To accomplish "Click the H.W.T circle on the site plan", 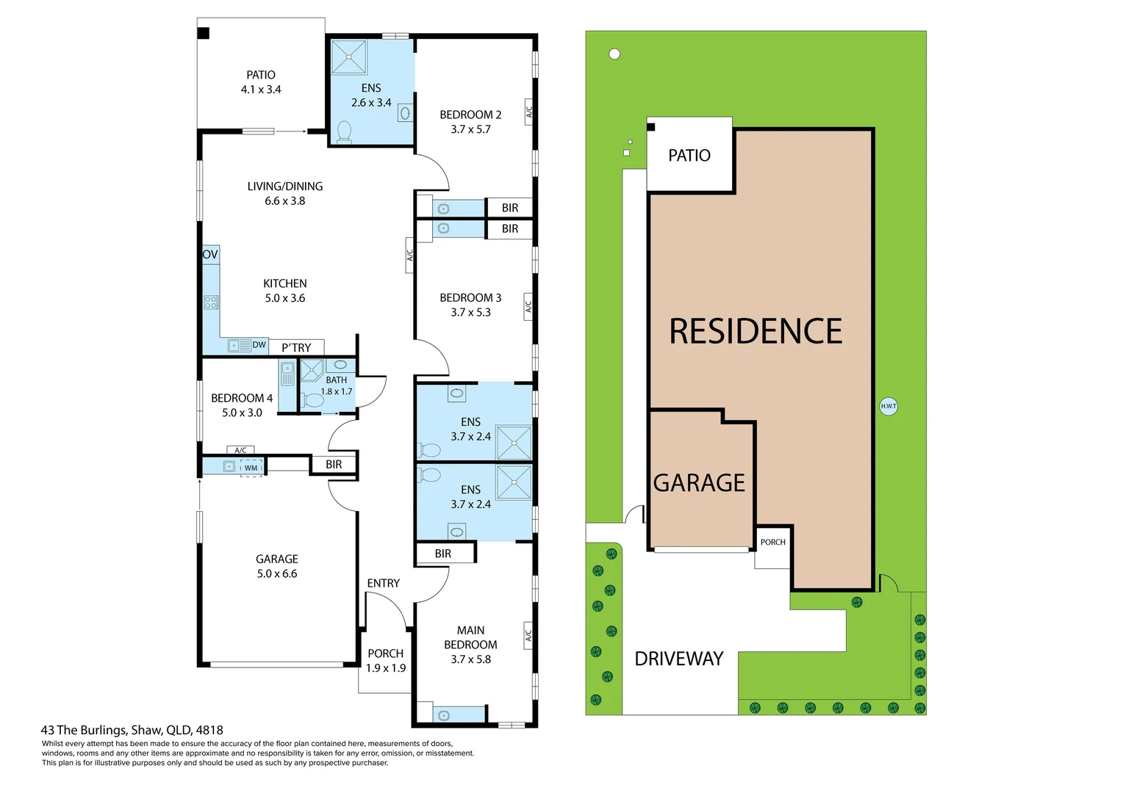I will coord(889,406).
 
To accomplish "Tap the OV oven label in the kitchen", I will coord(210,255).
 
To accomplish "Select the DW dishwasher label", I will coord(259,345).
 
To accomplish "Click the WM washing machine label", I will coord(251,468).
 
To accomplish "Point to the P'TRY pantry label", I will coord(296,348).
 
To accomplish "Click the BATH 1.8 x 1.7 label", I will coord(337,385).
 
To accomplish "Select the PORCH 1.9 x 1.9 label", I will coord(386,660).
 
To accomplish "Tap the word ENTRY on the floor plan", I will coord(383,583).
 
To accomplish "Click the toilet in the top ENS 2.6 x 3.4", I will coord(344,131).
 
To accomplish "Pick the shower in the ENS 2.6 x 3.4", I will coord(349,57).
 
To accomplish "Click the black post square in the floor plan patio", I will coord(204,33).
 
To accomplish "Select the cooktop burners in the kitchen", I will coord(211,302).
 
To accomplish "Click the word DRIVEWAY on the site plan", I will coord(678,659).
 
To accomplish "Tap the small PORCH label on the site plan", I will coord(772,542).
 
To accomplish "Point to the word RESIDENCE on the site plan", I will coord(756,331).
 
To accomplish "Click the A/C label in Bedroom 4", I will coord(240,450).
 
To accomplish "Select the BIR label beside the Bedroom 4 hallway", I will coord(334,464).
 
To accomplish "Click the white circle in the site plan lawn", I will coord(614,54).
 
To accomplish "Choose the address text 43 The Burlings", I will coord(132,730).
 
